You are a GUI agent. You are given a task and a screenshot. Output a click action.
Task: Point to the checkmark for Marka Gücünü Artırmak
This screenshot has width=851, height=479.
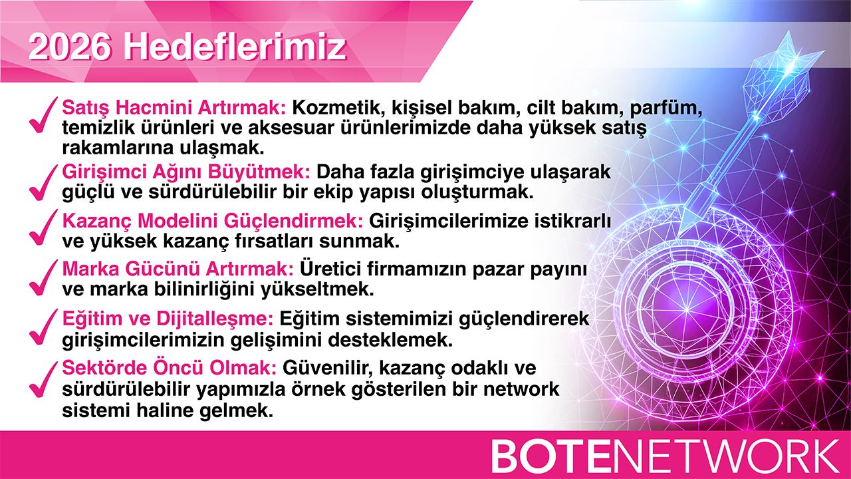coord(44,277)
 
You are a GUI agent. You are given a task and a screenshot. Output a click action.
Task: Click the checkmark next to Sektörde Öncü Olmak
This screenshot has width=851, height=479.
coord(44,379)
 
